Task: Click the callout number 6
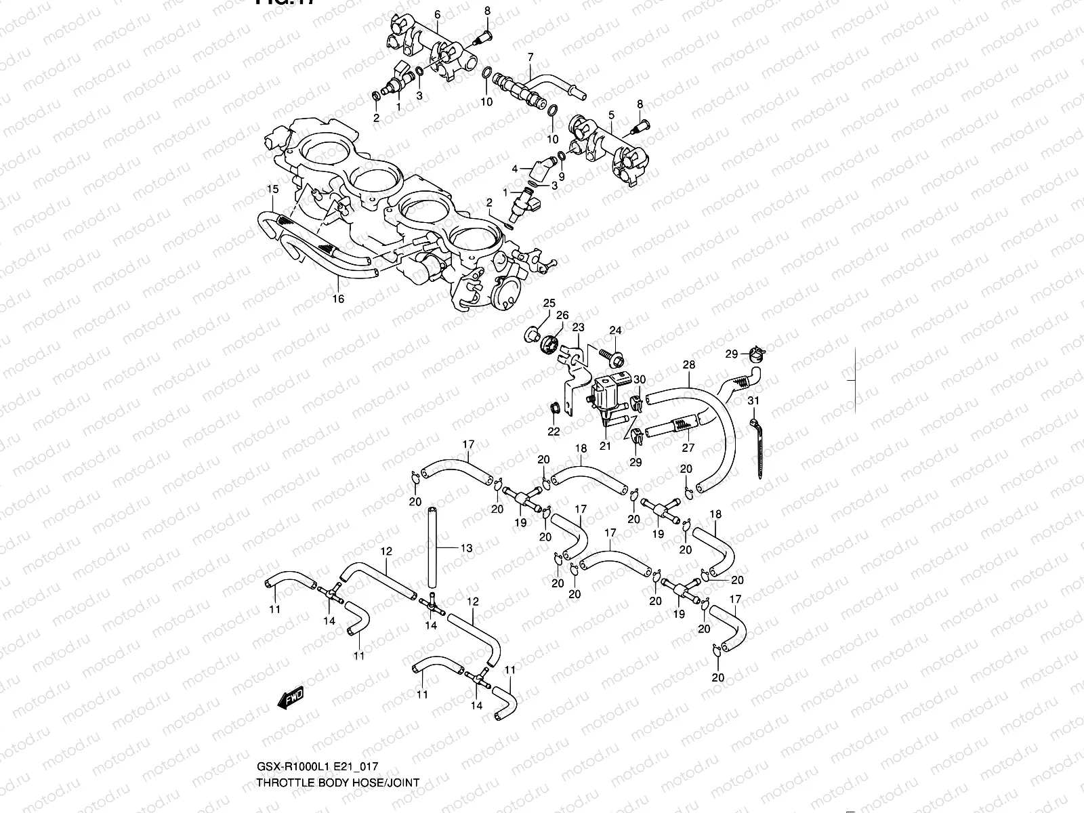437,15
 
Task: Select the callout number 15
272,188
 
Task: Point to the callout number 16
338,299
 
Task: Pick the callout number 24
614,331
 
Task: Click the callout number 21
605,445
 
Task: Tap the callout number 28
689,364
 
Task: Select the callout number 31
753,401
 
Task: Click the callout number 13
466,547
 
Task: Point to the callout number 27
688,448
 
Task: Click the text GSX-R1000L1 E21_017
316,767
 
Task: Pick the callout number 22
553,431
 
